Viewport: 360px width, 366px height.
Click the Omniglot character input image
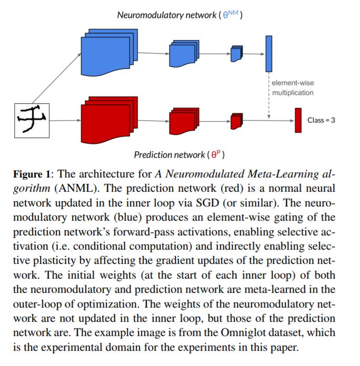pos(32,120)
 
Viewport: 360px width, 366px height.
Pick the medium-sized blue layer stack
pos(183,54)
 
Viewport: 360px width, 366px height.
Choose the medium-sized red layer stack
pos(183,121)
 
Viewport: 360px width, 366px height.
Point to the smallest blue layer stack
pos(236,53)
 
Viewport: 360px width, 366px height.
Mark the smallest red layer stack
pos(236,121)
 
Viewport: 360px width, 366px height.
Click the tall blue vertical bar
pos(269,53)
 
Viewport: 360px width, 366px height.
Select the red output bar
pos(298,121)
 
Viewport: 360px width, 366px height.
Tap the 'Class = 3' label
pos(321,121)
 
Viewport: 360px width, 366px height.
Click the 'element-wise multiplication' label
pos(293,88)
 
